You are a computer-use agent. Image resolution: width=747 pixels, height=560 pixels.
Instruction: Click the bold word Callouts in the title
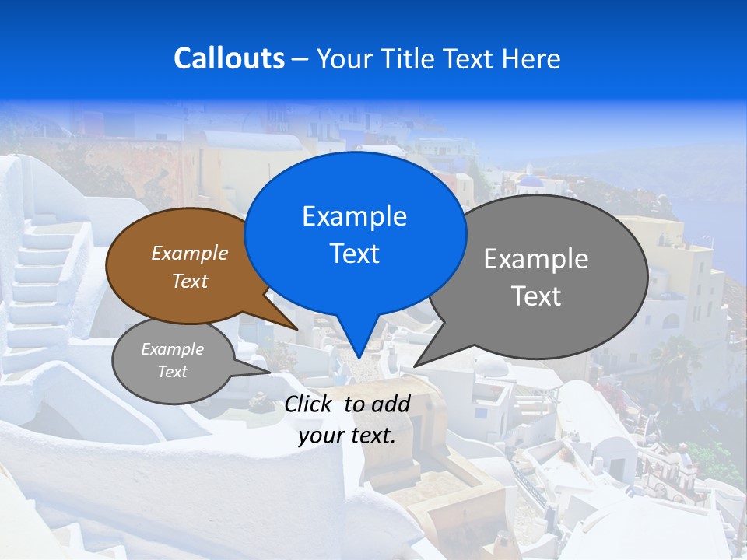click(x=229, y=58)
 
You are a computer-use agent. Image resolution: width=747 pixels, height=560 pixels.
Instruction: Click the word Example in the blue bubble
click(x=354, y=216)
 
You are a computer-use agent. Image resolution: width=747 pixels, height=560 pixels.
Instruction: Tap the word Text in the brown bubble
click(x=190, y=282)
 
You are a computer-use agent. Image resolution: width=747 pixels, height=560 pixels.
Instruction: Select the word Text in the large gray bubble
click(x=535, y=296)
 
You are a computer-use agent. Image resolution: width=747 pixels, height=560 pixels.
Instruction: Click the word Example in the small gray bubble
click(x=172, y=349)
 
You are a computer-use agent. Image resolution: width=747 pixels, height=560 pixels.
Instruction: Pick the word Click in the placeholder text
click(x=310, y=404)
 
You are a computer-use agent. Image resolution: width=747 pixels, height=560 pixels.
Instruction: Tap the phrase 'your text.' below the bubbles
click(x=347, y=436)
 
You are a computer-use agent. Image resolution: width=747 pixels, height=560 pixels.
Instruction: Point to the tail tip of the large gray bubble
click(x=416, y=365)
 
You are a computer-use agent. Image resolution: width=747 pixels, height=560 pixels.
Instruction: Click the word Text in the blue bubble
click(x=354, y=254)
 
